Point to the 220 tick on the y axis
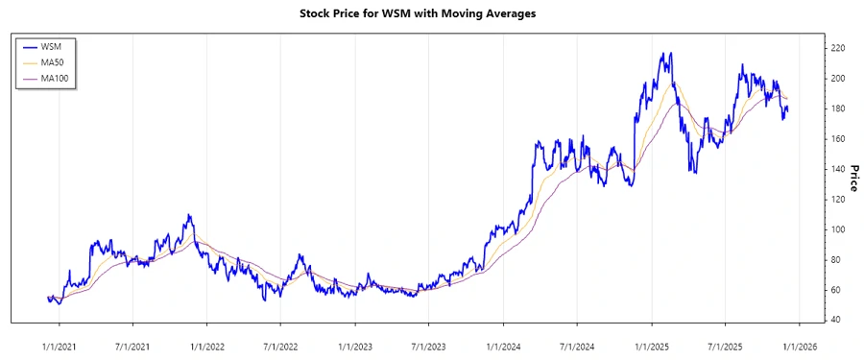pos(837,48)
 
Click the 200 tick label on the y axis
pos(837,78)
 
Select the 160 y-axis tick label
pos(837,138)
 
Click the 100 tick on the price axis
pos(837,229)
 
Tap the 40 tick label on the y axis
pos(835,320)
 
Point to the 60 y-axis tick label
pos(835,290)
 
